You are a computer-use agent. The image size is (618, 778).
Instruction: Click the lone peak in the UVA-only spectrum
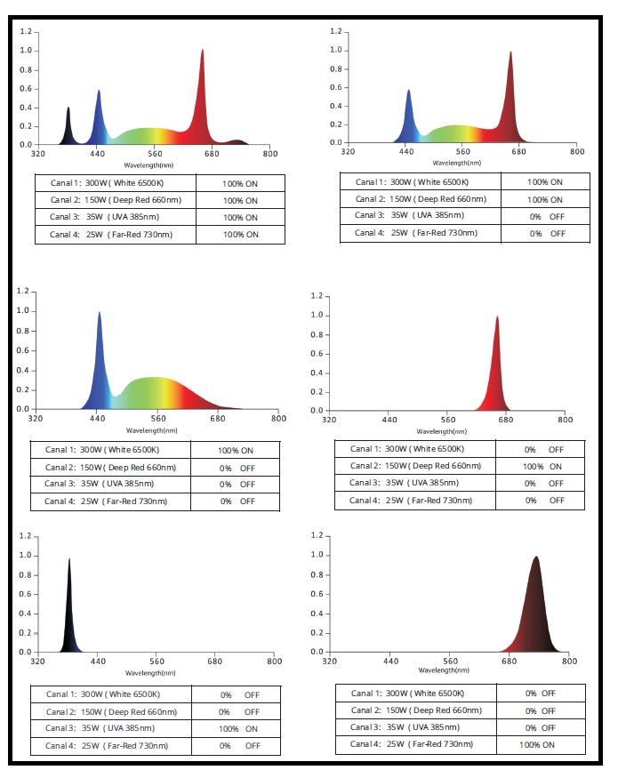pyautogui.click(x=68, y=560)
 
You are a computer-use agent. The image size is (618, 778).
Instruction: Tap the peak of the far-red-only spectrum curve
pyautogui.click(x=535, y=558)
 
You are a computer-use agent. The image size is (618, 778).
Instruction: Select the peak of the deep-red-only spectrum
pyautogui.click(x=497, y=318)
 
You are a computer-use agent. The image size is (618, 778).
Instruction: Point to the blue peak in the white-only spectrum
pyautogui.click(x=99, y=313)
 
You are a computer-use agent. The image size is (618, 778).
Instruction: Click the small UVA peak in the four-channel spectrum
pyautogui.click(x=68, y=108)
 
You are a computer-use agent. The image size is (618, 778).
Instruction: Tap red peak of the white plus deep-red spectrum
pyautogui.click(x=510, y=52)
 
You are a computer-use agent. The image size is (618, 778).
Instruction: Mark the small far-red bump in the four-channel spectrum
pyautogui.click(x=237, y=140)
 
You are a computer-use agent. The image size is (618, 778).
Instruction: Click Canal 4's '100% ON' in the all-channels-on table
pyautogui.click(x=240, y=235)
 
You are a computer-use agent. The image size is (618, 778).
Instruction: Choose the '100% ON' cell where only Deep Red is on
pyautogui.click(x=542, y=467)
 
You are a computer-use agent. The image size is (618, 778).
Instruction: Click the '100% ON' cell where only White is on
pyautogui.click(x=236, y=451)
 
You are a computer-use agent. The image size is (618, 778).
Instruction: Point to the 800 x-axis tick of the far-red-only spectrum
pyautogui.click(x=570, y=662)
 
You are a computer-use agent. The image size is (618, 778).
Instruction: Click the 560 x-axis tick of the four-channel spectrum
pyautogui.click(x=155, y=154)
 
